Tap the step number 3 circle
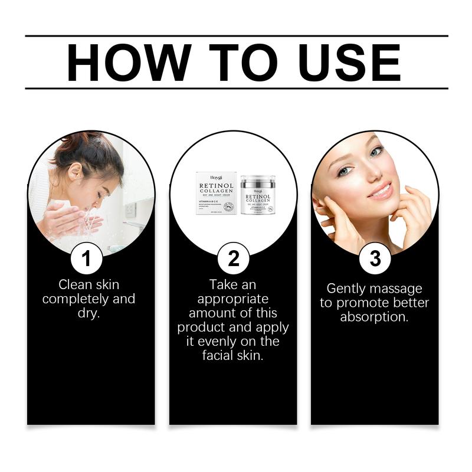pos(374,258)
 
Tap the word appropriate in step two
pos(233,299)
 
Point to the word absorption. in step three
pos(375,317)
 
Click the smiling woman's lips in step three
pos(381,191)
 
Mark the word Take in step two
pos(223,285)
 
